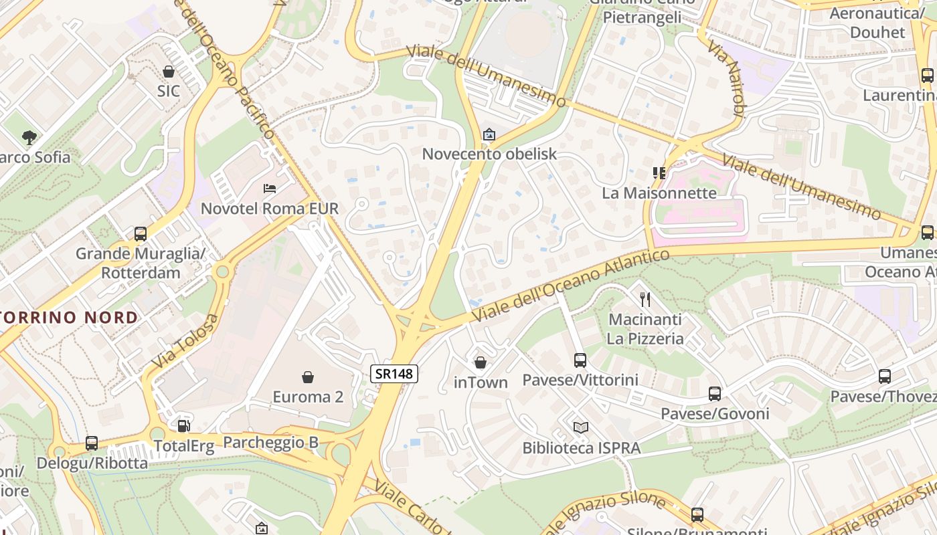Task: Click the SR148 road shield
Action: coord(394,374)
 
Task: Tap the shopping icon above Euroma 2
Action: coord(308,378)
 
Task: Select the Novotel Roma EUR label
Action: coord(270,209)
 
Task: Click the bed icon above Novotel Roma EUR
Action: coord(270,189)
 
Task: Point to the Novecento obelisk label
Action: coord(489,154)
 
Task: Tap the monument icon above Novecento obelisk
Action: coord(489,134)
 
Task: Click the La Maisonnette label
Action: coord(659,193)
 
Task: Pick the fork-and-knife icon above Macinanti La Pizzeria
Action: coord(645,299)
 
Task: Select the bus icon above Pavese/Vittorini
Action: coord(580,360)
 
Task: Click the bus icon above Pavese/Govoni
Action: coord(715,394)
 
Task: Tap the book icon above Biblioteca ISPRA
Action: coord(581,427)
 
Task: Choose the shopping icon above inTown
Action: coord(481,363)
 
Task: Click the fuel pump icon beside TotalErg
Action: coord(183,425)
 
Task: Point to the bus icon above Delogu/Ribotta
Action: coord(92,443)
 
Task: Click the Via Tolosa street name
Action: coord(185,341)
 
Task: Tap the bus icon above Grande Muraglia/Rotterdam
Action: coord(141,234)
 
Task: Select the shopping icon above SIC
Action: coord(169,71)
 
